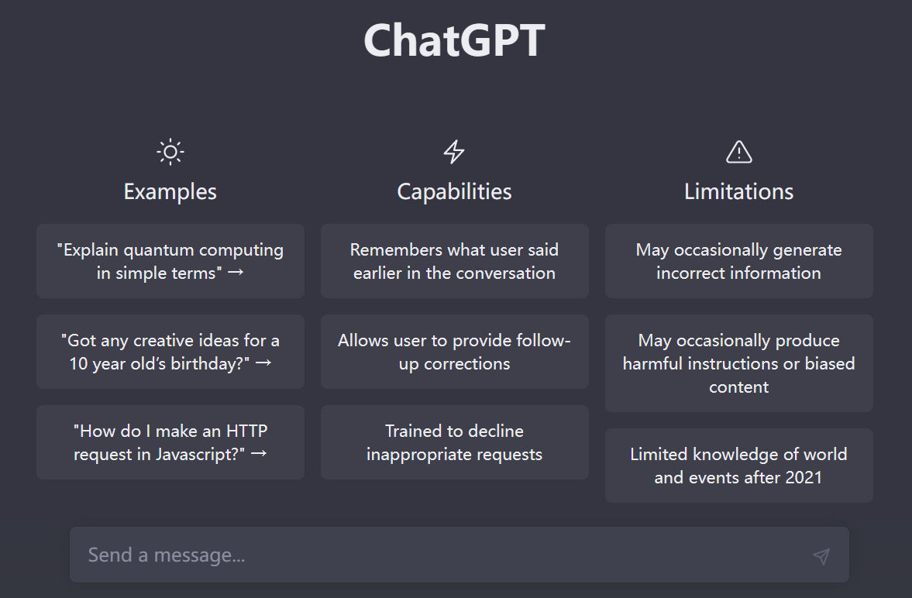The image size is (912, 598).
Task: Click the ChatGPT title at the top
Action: pos(455,40)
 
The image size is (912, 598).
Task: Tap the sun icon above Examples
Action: pos(170,152)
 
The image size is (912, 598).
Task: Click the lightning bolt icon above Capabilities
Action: pos(454,152)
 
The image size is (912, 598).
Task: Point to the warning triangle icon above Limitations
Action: pos(738,152)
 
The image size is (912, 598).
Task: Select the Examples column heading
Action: pos(170,191)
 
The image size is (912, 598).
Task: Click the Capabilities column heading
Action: pos(454,191)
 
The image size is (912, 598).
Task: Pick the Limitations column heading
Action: pos(738,191)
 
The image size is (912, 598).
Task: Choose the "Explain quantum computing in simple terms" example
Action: pos(170,261)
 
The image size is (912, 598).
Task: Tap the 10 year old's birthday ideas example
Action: pos(170,352)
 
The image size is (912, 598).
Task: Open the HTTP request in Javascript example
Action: pos(170,442)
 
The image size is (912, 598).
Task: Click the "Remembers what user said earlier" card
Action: pos(454,261)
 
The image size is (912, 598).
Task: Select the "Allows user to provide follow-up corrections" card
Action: pos(454,352)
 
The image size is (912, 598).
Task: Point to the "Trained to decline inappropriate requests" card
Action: pos(454,442)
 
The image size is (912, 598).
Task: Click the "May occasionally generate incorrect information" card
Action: pos(738,261)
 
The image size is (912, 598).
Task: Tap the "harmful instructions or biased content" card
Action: pos(738,363)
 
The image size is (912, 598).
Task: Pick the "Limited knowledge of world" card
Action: pos(738,466)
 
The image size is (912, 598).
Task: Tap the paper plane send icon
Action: pos(821,555)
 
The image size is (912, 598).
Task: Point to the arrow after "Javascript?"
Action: pos(259,454)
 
